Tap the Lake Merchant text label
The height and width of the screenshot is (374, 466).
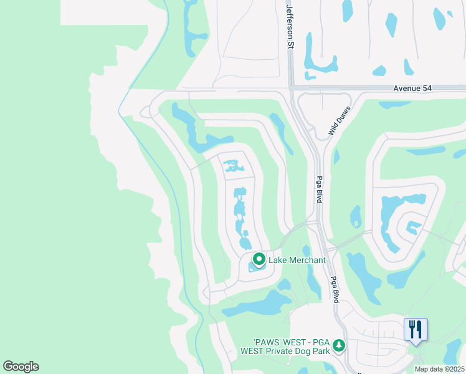pos(297,260)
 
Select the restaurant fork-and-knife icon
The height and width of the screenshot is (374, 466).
pos(416,329)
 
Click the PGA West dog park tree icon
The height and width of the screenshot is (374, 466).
pos(338,345)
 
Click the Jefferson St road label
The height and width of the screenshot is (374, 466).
pos(289,25)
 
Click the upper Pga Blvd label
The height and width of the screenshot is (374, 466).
pos(318,189)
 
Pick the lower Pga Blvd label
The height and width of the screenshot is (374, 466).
pos(334,289)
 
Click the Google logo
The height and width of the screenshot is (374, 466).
pos(21,367)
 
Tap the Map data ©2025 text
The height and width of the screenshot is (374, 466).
pos(439,369)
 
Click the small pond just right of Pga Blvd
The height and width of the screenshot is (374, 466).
pos(355,216)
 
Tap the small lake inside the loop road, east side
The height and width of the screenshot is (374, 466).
pos(411,226)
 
